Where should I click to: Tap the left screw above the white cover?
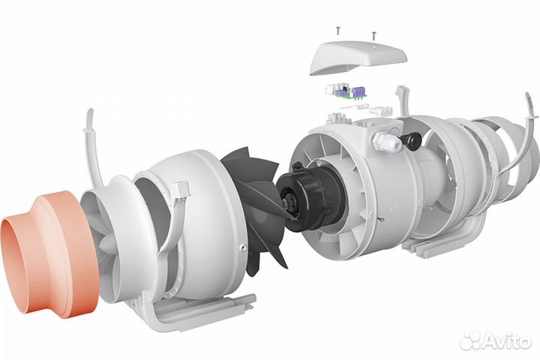337,31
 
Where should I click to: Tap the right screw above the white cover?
373,34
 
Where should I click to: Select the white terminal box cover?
358,58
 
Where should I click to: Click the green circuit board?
346,93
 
